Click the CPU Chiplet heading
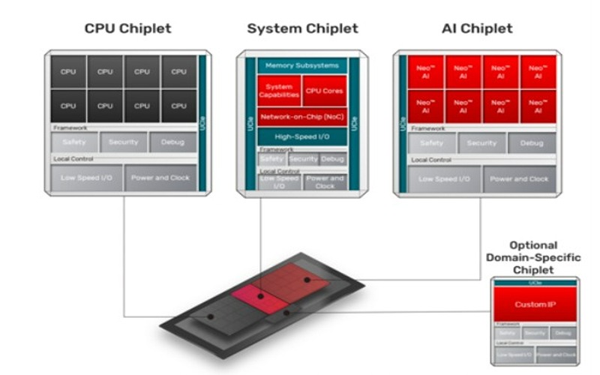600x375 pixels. pos(127,28)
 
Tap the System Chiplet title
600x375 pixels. pos(302,28)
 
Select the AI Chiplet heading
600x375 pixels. pos(477,28)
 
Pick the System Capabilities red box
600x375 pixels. pos(279,90)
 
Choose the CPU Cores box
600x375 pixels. pos(325,90)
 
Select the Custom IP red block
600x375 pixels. pos(535,305)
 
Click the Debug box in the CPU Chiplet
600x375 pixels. pos(172,142)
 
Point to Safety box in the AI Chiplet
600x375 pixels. pos(431,142)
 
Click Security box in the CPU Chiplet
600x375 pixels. pos(124,142)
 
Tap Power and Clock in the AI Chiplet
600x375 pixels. pos(519,179)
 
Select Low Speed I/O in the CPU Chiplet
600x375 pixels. pos(87,178)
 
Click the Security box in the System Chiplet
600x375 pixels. pos(303,159)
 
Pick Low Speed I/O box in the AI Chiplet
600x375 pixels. pos(444,179)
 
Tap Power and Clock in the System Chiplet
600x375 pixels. pos(325,182)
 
